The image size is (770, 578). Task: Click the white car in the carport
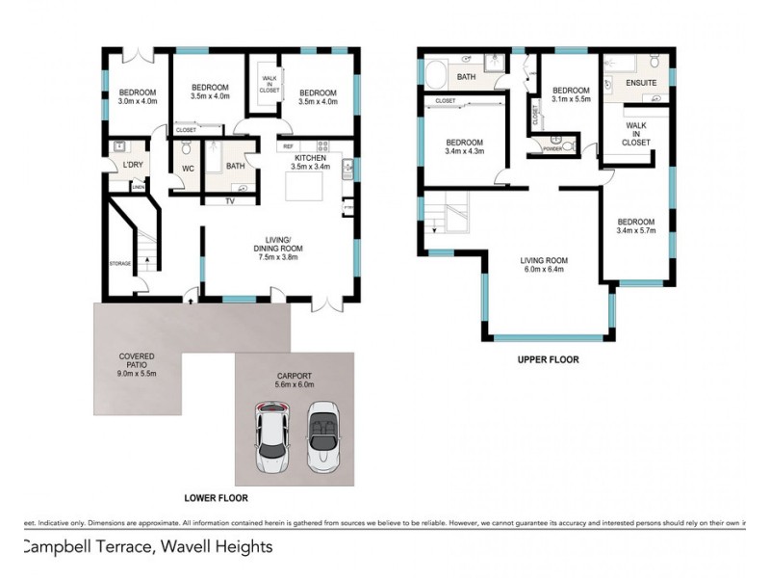pyautogui.click(x=271, y=438)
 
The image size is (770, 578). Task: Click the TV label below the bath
pyautogui.click(x=230, y=201)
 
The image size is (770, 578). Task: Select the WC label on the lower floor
pyautogui.click(x=189, y=171)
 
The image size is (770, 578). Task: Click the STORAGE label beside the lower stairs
pyautogui.click(x=119, y=263)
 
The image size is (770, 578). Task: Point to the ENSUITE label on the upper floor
pyautogui.click(x=641, y=84)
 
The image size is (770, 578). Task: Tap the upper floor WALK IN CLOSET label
pyautogui.click(x=636, y=134)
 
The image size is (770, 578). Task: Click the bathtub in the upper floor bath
pyautogui.click(x=436, y=75)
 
